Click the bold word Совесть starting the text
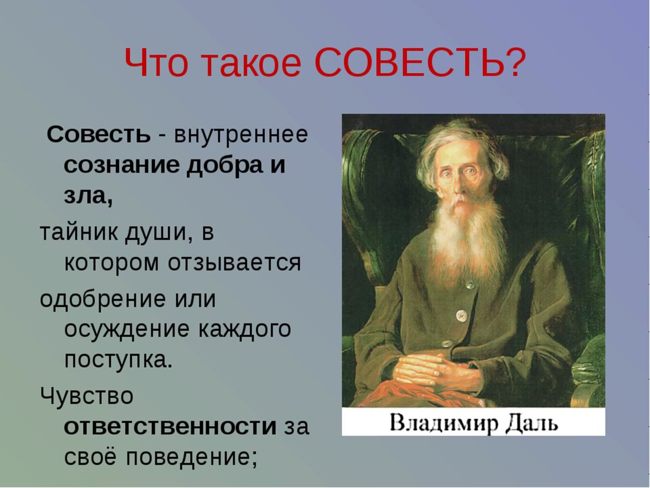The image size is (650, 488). [x=98, y=135]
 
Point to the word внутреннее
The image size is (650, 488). [x=240, y=135]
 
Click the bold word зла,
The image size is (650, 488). [x=88, y=196]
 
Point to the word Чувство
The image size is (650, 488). [x=86, y=396]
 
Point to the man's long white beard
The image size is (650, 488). [x=467, y=233]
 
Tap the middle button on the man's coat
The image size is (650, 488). [x=461, y=314]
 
